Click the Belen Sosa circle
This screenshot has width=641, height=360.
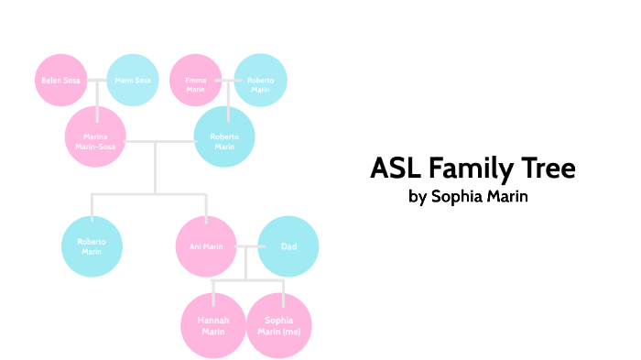click(x=60, y=81)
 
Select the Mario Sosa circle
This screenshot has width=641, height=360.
click(x=133, y=81)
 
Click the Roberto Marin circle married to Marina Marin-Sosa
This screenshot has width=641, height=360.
click(x=225, y=139)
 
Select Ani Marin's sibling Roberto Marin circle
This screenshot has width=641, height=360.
click(x=92, y=246)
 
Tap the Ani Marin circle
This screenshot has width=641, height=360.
click(x=206, y=246)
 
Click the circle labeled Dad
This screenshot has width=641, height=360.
click(x=288, y=246)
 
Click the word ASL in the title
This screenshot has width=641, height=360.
click(x=397, y=169)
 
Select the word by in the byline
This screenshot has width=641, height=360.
click(x=418, y=197)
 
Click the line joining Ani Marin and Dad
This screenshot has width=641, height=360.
click(x=247, y=246)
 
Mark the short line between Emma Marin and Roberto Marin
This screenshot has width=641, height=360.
click(x=228, y=81)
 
